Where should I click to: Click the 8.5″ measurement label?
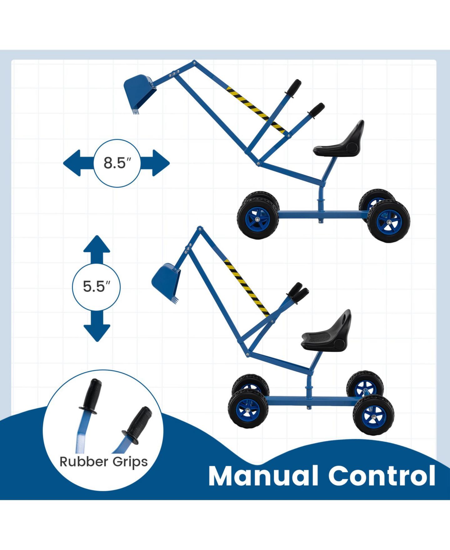tap(117, 163)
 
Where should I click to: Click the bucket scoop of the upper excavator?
tap(140, 93)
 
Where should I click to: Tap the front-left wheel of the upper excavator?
tap(258, 216)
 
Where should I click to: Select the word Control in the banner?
tap(382, 476)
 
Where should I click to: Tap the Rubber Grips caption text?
tap(104, 462)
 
